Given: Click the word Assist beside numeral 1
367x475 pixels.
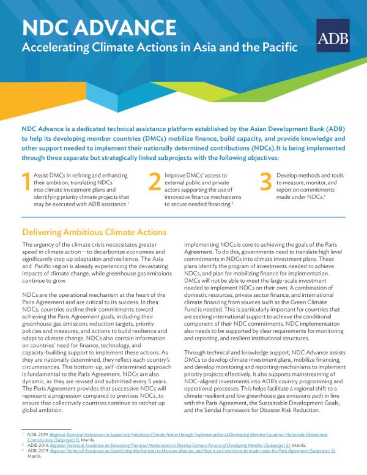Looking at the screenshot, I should point(43,175).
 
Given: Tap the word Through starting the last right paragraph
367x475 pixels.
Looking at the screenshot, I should point(196,355).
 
